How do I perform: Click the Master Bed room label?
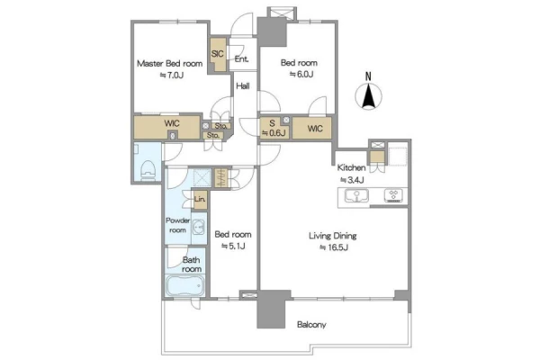click(169, 63)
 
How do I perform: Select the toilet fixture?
click(148, 169)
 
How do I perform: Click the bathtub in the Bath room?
click(184, 285)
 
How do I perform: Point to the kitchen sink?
click(356, 196)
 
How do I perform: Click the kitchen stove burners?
click(393, 195)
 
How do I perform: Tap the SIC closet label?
click(217, 54)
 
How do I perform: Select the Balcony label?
click(311, 325)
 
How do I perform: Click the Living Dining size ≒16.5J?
click(334, 247)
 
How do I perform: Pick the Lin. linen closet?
click(200, 200)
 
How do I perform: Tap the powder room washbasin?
click(199, 228)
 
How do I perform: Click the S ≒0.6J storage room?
click(274, 128)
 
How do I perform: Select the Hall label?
click(243, 85)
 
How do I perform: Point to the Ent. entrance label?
click(241, 58)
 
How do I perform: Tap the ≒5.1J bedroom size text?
click(233, 246)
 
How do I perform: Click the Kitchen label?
click(351, 167)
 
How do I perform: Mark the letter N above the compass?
click(368, 76)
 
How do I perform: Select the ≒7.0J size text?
click(172, 75)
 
